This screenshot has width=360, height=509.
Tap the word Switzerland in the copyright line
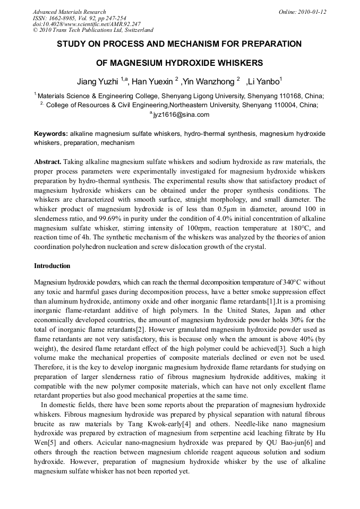pyautogui.click(x=135, y=30)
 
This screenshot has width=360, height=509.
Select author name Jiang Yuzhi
pyautogui.click(x=98, y=81)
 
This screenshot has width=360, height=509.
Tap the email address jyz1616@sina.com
pyautogui.click(x=181, y=114)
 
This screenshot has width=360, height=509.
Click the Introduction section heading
pyautogui.click(x=52, y=265)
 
